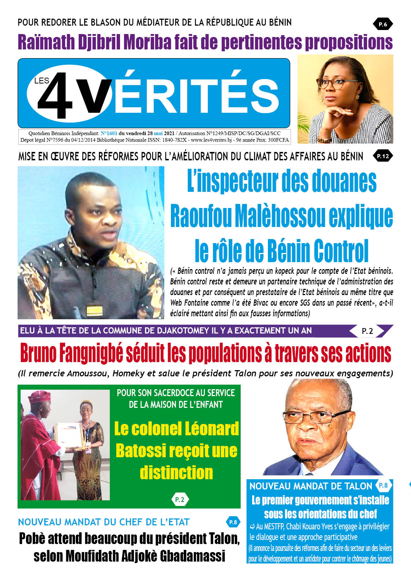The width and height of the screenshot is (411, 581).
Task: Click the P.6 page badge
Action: [x=383, y=25]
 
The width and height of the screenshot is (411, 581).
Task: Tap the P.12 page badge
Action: [x=383, y=156]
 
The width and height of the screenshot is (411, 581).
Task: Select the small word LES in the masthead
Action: [x=41, y=81]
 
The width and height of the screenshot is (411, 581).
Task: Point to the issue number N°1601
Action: [x=109, y=134]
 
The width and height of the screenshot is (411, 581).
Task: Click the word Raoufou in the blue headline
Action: [x=201, y=216]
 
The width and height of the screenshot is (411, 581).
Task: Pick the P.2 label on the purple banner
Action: [x=367, y=331]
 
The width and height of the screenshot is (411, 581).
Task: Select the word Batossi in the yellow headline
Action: [x=140, y=451]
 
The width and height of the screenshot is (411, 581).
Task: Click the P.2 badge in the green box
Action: [x=180, y=499]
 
